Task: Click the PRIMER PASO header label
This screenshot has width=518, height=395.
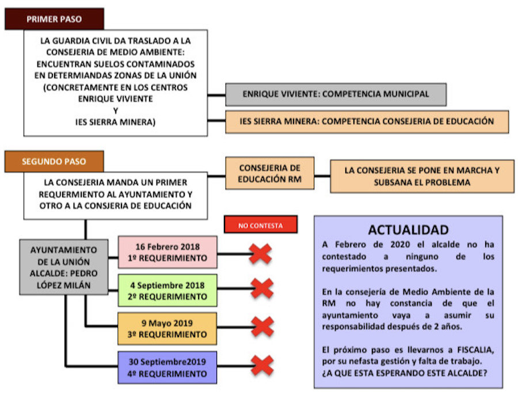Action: (x=54, y=19)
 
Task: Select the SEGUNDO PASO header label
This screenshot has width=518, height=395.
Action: (x=54, y=162)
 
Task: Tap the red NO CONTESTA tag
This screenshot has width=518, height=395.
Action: (x=261, y=225)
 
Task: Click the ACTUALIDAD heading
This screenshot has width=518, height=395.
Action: (x=408, y=230)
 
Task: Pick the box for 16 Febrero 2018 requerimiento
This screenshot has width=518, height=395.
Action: (x=167, y=252)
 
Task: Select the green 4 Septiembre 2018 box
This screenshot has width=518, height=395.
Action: (x=167, y=291)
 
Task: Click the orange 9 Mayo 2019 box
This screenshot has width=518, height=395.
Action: (x=167, y=329)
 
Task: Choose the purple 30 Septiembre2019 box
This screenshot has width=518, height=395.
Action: (x=167, y=367)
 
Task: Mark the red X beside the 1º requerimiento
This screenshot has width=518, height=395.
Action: (x=261, y=253)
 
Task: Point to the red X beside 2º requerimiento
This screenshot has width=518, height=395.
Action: (x=262, y=288)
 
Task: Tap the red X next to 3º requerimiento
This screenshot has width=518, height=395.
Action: (x=262, y=326)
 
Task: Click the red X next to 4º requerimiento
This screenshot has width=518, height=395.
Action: (x=262, y=365)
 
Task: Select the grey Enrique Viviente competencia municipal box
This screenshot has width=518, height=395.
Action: (x=336, y=94)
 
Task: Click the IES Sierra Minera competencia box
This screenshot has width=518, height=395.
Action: (x=367, y=121)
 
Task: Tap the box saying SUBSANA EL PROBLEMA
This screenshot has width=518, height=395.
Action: (x=422, y=176)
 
